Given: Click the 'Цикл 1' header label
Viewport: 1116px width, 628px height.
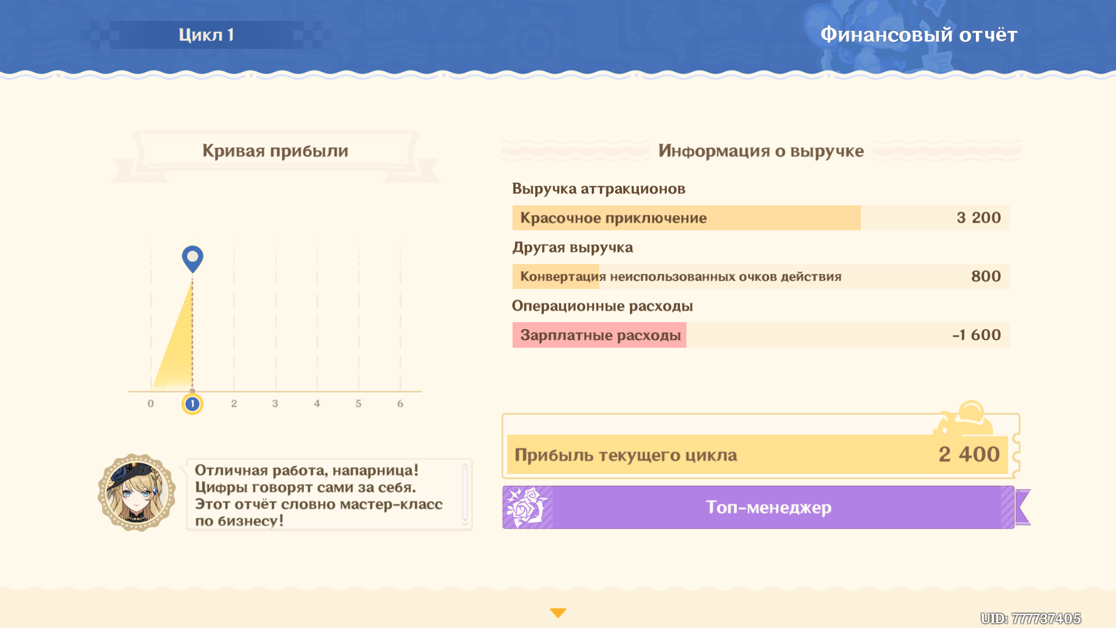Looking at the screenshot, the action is coord(206,35).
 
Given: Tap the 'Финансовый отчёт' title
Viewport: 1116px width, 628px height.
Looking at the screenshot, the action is coord(918,35).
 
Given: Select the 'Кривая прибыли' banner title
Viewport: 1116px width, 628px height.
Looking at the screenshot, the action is coord(275,151).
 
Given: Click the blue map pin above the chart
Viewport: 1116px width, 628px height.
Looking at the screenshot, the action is coord(192,259).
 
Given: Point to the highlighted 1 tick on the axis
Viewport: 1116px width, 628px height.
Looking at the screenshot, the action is coord(192,404).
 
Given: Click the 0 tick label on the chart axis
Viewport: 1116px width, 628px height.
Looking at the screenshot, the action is coord(151,404).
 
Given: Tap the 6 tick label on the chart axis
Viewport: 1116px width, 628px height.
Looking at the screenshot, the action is coord(400,404).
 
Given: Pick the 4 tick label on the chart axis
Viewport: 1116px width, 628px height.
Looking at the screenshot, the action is coord(317,404).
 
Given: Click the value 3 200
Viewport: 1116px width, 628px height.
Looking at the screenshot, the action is coord(979,217).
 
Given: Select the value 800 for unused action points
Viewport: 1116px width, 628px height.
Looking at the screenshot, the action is coord(986,276).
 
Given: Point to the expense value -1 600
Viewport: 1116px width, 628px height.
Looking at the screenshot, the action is coord(977,335).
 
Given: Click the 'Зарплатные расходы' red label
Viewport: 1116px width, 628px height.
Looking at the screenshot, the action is coord(600,336).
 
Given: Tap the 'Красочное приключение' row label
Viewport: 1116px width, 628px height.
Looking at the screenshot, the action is coord(613,218).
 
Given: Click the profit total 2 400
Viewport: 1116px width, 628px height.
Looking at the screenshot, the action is coord(969,454).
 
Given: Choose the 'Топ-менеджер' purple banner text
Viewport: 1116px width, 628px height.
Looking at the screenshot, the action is coord(768,508).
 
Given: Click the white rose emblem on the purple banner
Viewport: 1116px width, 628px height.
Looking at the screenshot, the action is coord(527,507).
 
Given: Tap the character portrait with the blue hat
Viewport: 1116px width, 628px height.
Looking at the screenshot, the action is coord(137,493).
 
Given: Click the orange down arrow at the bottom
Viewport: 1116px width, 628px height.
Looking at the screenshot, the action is coord(558,613).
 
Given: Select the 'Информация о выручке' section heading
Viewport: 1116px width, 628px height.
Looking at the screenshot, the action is coord(761,151).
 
